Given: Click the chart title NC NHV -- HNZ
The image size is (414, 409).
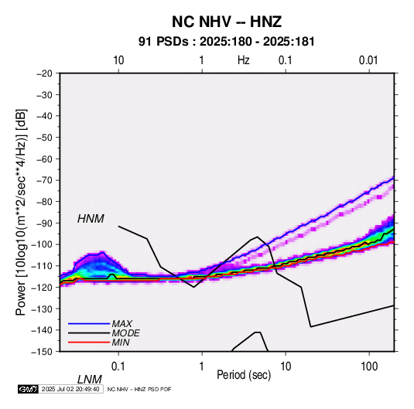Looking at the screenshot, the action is pyautogui.click(x=227, y=22).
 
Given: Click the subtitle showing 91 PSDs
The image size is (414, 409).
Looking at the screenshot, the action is pyautogui.click(x=227, y=42).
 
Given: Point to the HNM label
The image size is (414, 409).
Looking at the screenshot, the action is pyautogui.click(x=91, y=219).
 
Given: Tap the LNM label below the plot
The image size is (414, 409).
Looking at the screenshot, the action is pyautogui.click(x=90, y=380).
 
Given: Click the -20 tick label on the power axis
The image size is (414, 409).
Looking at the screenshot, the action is pyautogui.click(x=44, y=73).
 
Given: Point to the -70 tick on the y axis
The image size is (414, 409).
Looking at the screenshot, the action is pyautogui.click(x=44, y=180).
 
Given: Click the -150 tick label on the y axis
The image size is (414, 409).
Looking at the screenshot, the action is pyautogui.click(x=42, y=352).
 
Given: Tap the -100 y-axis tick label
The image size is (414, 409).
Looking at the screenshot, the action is pyautogui.click(x=42, y=244).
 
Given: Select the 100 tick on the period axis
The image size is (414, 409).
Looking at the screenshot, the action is pyautogui.click(x=369, y=366).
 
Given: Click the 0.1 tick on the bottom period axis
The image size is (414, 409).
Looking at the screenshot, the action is pyautogui.click(x=118, y=366).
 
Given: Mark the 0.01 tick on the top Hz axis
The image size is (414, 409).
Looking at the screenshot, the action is pyautogui.click(x=368, y=60).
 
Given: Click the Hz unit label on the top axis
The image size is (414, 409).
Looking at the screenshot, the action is pyautogui.click(x=244, y=60).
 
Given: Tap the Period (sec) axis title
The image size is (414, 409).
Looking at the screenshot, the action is pyautogui.click(x=244, y=375).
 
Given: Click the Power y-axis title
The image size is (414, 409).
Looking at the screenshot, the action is pyautogui.click(x=21, y=213).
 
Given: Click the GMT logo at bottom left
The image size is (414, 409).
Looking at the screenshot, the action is pyautogui.click(x=29, y=389).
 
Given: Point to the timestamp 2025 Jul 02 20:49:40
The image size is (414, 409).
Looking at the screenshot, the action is pyautogui.click(x=70, y=389).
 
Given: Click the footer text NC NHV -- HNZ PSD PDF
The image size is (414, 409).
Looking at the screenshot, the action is pyautogui.click(x=139, y=389).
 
